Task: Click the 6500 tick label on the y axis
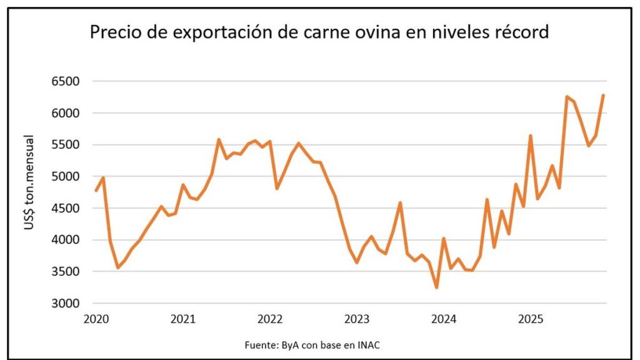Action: (65, 81)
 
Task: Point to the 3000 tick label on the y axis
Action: (65, 303)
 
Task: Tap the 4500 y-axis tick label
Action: (65, 208)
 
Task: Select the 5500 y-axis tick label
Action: (65, 145)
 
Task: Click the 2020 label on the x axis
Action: (96, 319)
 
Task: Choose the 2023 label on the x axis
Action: (357, 319)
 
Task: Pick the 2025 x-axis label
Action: (531, 319)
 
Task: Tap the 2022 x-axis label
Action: (270, 319)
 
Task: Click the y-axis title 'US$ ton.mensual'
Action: (29, 182)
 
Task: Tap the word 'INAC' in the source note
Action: (369, 345)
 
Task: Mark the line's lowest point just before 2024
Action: (437, 287)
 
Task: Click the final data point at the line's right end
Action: (603, 96)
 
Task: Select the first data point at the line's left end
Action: (96, 191)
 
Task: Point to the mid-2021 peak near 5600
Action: (219, 139)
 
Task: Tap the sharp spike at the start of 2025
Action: (530, 136)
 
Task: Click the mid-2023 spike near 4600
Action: (401, 202)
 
